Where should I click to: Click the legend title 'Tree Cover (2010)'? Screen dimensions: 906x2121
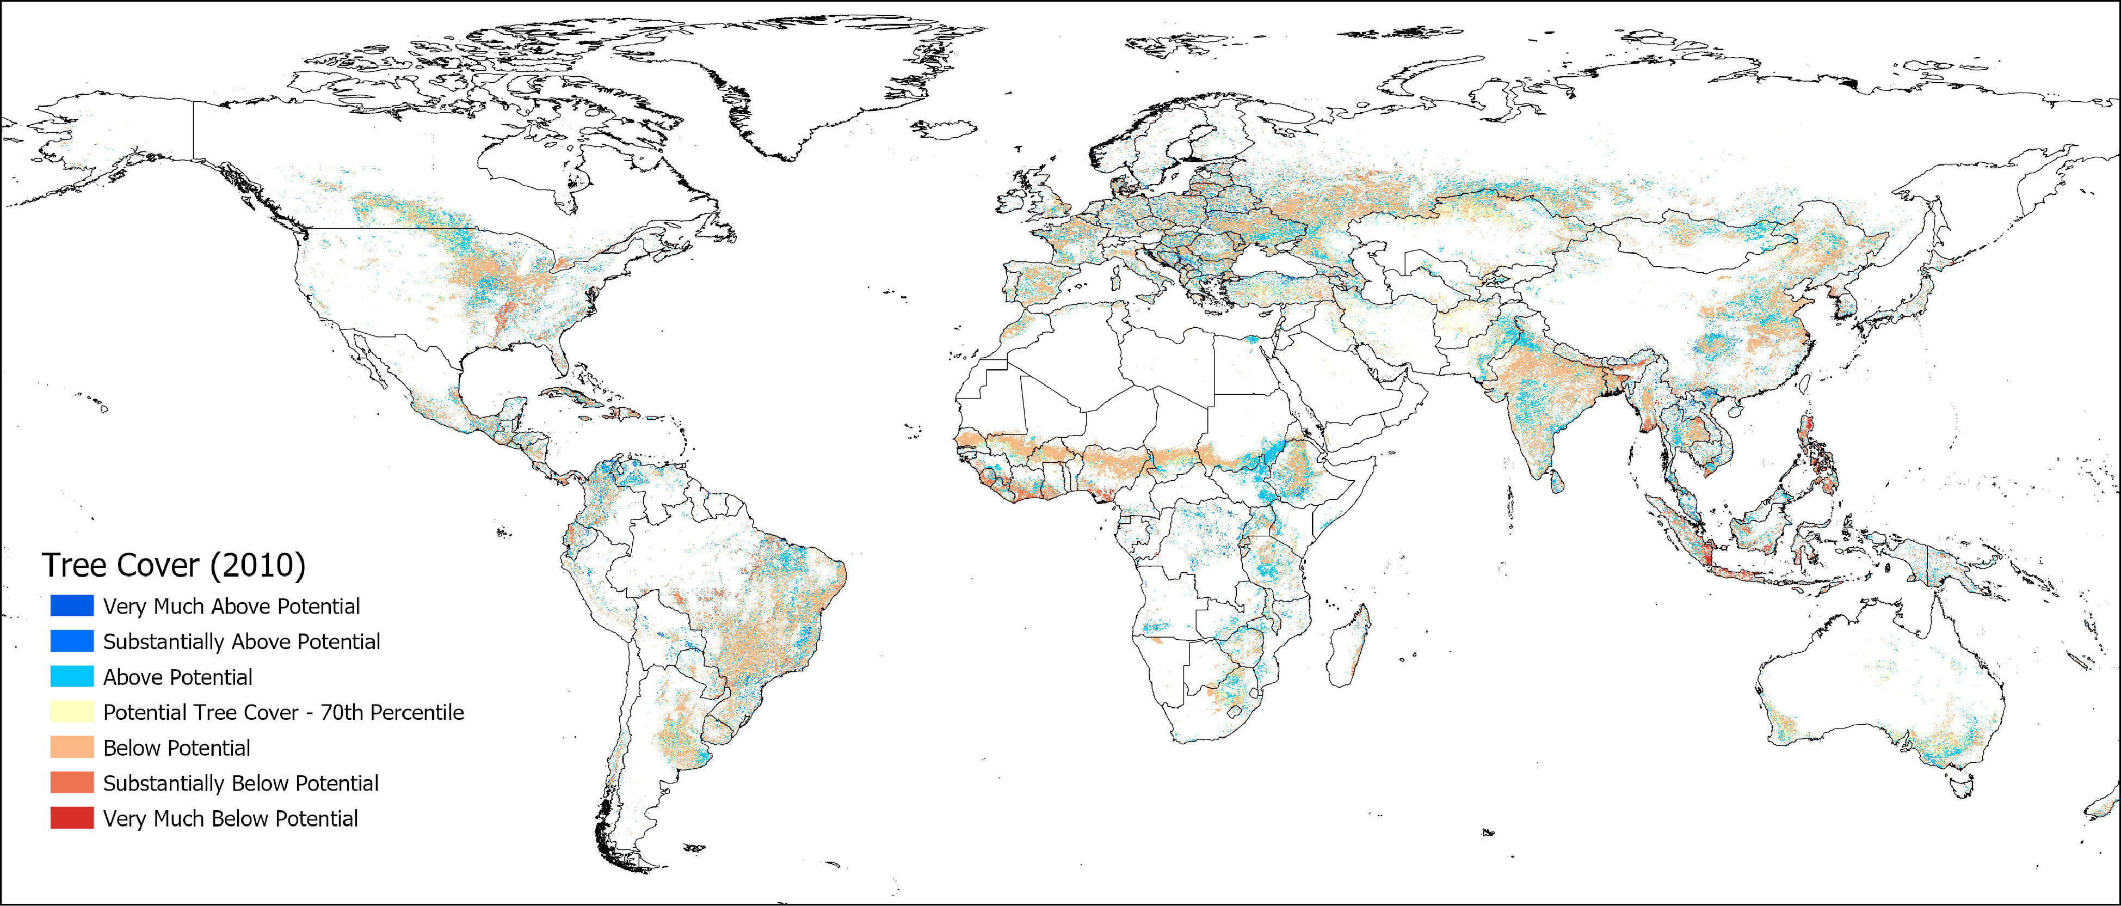point(174,566)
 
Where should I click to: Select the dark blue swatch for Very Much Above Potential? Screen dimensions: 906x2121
point(72,606)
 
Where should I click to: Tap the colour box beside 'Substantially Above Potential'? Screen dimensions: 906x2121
point(72,641)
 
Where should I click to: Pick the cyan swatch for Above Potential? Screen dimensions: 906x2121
point(72,677)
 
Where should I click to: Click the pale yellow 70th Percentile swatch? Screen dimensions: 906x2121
point(72,713)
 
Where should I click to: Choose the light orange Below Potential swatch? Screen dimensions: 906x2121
point(72,748)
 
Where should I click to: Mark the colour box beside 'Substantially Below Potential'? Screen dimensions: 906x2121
point(72,783)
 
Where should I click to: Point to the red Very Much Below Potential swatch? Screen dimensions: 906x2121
point(72,819)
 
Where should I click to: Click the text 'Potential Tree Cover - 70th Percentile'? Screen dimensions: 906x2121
point(283,713)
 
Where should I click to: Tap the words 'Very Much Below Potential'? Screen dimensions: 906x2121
point(231,819)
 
